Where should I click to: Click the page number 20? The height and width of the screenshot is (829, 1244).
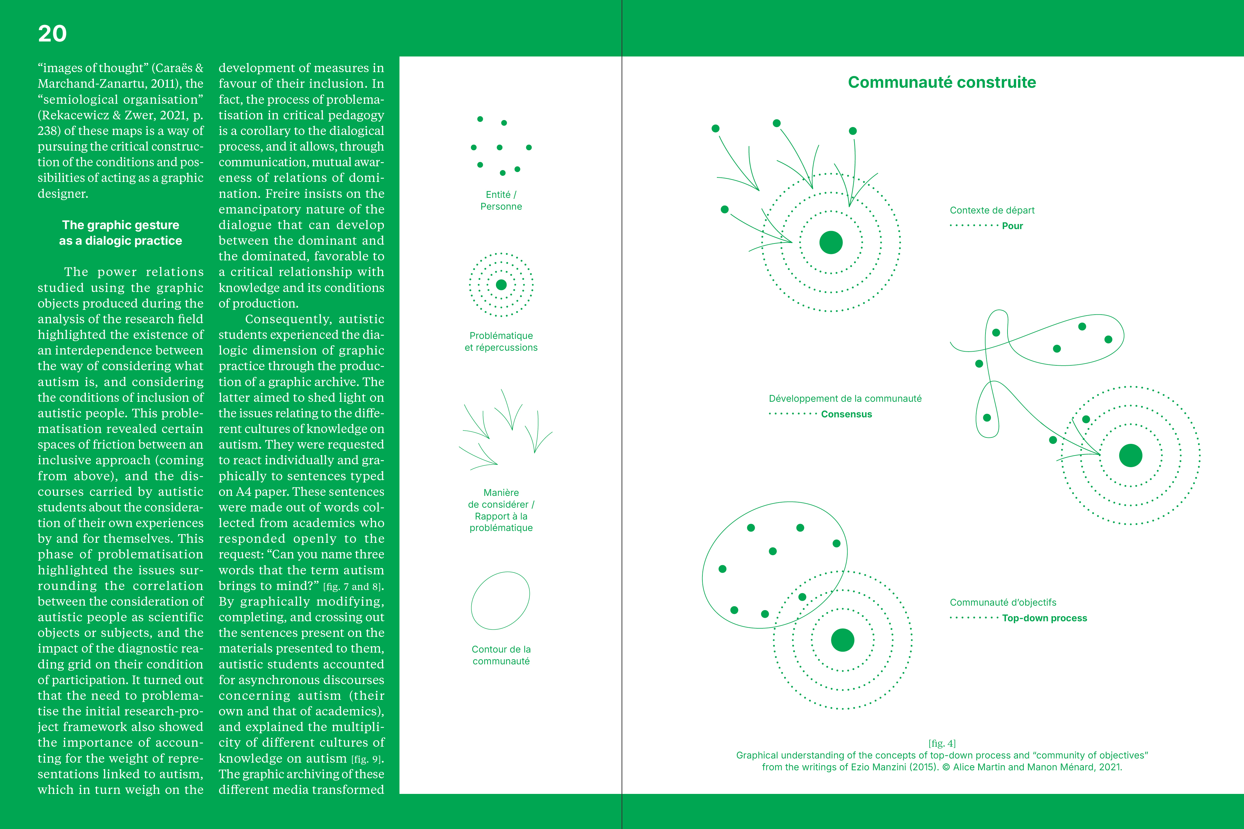pyautogui.click(x=52, y=34)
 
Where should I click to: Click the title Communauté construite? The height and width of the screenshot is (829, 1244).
pyautogui.click(x=941, y=82)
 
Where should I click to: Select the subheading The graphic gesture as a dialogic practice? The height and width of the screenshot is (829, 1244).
pyautogui.click(x=121, y=233)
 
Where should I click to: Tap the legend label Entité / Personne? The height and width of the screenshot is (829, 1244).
pyautogui.click(x=501, y=200)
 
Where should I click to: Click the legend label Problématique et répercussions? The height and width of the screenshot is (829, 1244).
pyautogui.click(x=501, y=341)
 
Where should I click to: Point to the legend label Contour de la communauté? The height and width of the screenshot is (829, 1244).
pyautogui.click(x=501, y=655)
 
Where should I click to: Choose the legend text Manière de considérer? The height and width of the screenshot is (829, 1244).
pyautogui.click(x=501, y=498)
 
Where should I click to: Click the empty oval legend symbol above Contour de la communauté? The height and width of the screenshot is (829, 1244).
pyautogui.click(x=500, y=600)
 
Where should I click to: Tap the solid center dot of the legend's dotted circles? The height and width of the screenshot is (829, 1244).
pyautogui.click(x=501, y=285)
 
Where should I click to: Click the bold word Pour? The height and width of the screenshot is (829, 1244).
pyautogui.click(x=1012, y=226)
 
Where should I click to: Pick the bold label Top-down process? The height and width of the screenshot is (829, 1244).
pyautogui.click(x=1044, y=618)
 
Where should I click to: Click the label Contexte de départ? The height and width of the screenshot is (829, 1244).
pyautogui.click(x=992, y=210)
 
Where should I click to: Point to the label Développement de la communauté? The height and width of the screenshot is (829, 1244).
pyautogui.click(x=845, y=399)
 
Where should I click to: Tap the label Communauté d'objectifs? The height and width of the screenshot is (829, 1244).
pyautogui.click(x=1002, y=603)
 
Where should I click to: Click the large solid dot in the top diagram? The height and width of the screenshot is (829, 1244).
pyautogui.click(x=831, y=243)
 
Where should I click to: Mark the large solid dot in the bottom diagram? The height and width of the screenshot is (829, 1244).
pyautogui.click(x=842, y=640)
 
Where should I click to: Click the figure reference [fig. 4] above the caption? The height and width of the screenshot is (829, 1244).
pyautogui.click(x=941, y=743)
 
